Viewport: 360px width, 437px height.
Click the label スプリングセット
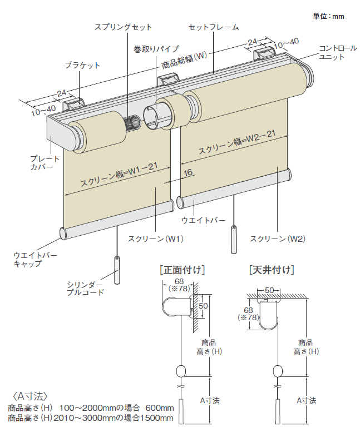click(x=123, y=27)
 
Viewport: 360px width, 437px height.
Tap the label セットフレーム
click(x=214, y=27)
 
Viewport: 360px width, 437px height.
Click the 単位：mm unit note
click(x=328, y=16)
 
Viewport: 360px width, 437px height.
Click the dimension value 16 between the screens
click(x=188, y=173)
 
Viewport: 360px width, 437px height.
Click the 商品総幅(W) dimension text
click(x=184, y=61)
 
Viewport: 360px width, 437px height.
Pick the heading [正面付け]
click(x=182, y=271)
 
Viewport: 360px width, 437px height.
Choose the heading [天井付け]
click(x=272, y=271)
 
